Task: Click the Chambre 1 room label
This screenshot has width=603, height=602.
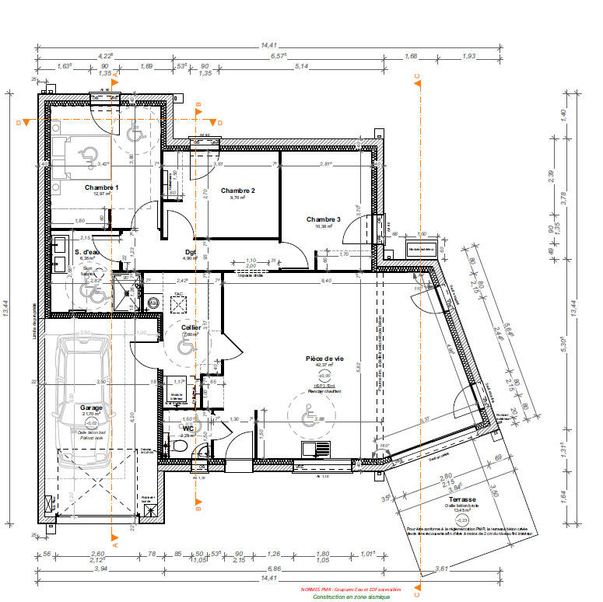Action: [101, 188]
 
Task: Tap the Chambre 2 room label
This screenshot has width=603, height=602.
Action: [237, 191]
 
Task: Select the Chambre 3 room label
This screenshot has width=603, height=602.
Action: [323, 219]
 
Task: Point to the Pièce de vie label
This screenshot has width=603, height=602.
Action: [324, 358]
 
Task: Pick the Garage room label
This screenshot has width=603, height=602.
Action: [92, 407]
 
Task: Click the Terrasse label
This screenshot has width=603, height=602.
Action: [461, 499]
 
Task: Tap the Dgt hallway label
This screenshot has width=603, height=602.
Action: [190, 252]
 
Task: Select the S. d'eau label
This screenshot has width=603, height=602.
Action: [87, 253]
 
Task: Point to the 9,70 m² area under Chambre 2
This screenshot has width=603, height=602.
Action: [237, 198]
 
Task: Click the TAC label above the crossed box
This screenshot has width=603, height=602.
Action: [178, 295]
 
